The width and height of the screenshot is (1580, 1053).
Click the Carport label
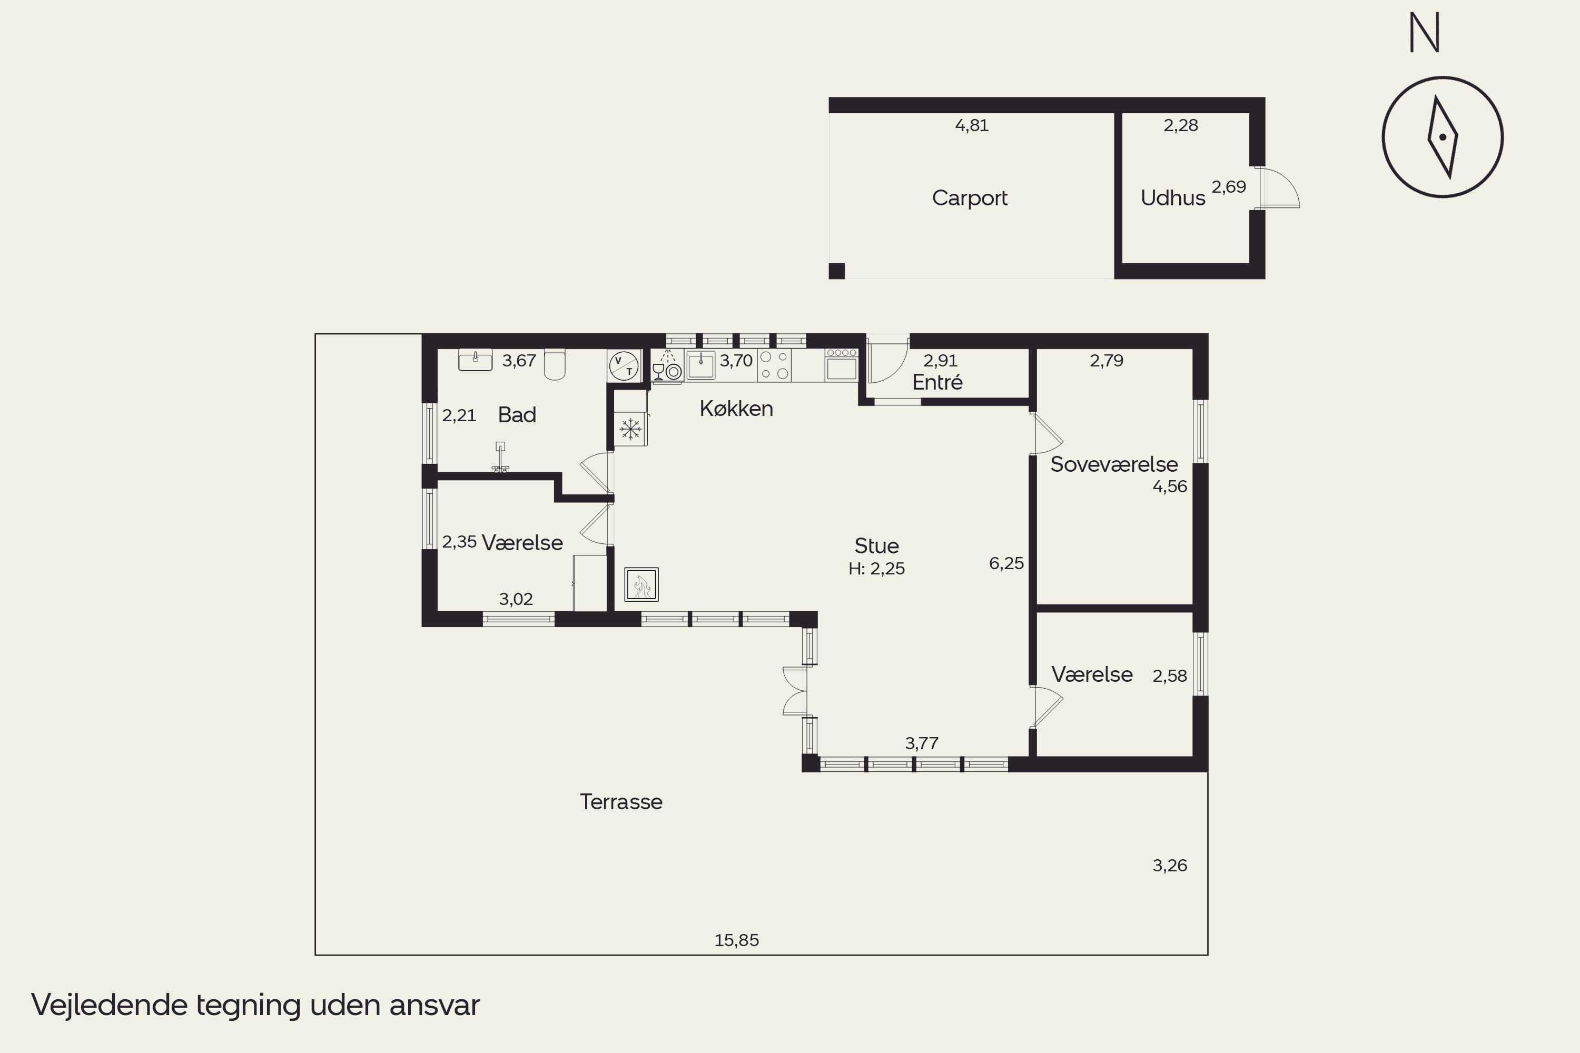click(x=970, y=198)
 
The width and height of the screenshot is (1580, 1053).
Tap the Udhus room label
click(x=1173, y=198)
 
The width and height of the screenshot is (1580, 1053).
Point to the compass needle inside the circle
click(x=1443, y=137)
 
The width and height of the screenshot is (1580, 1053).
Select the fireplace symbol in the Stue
click(x=641, y=584)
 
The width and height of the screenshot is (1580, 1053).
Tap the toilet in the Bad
click(x=554, y=364)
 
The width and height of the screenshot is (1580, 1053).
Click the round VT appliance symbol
click(x=624, y=366)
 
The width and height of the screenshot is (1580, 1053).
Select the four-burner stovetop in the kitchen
click(x=774, y=365)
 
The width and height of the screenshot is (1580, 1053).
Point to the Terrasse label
click(x=621, y=802)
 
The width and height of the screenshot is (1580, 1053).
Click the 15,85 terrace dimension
click(x=736, y=940)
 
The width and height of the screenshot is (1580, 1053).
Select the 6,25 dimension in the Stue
click(x=1006, y=563)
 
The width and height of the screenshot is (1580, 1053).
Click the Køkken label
click(x=736, y=409)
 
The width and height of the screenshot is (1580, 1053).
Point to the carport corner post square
click(x=836, y=271)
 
